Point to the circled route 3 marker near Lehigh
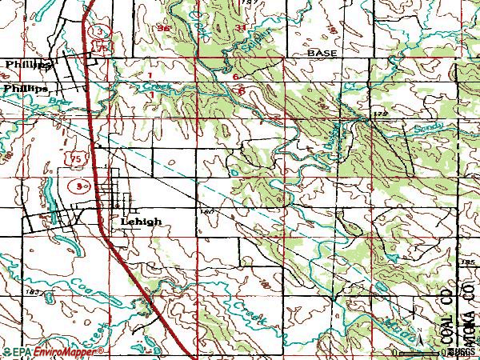(76, 185)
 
